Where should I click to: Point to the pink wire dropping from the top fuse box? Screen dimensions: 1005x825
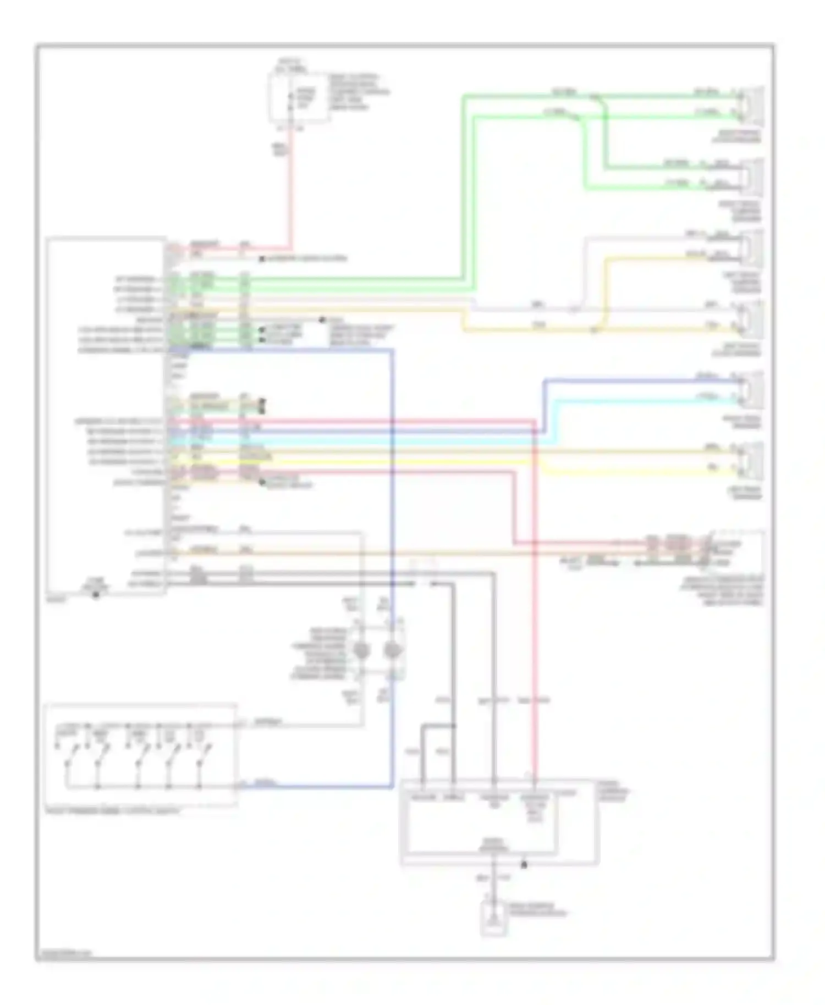(x=290, y=187)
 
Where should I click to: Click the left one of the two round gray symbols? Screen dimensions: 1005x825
(x=361, y=651)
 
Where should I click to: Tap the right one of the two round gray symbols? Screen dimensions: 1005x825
(x=392, y=651)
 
